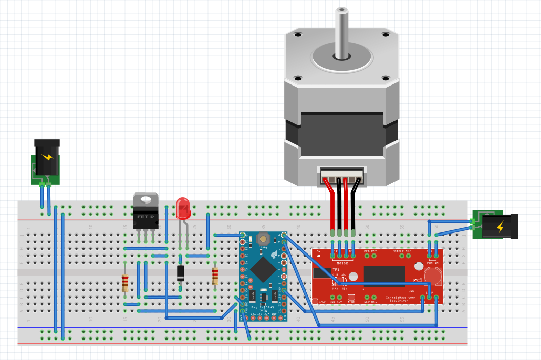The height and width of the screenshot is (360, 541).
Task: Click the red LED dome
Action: (x=183, y=207)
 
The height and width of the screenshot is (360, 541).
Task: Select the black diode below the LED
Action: (x=181, y=273)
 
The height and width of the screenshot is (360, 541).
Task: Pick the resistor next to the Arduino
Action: (x=215, y=277)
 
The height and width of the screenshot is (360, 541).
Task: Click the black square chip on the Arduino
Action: (x=263, y=268)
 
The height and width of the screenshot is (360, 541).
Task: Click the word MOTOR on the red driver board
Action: (x=342, y=263)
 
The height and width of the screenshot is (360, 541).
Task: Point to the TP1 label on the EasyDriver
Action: (x=336, y=270)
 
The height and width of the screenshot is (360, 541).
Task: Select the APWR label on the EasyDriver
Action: (x=351, y=302)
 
